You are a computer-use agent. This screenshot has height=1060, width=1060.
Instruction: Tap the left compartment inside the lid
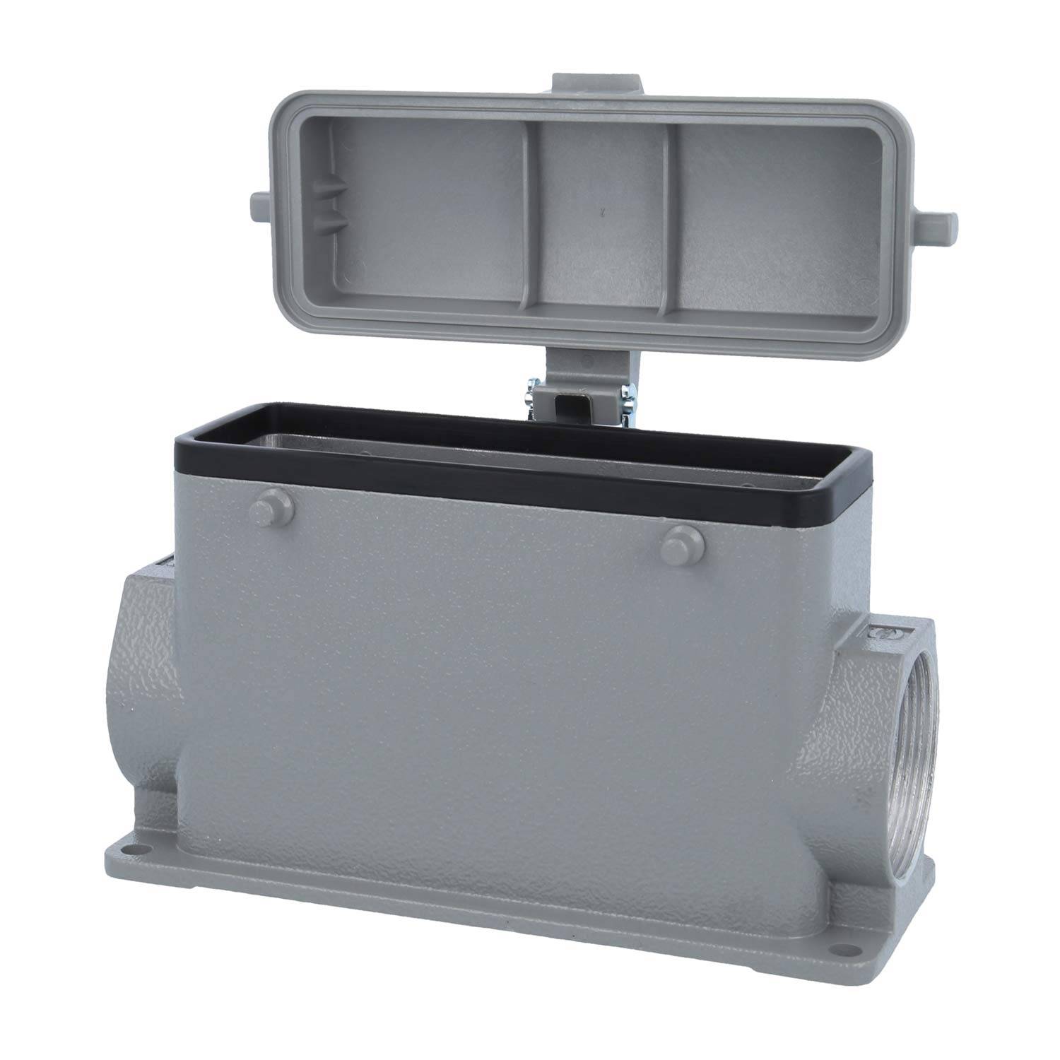point(417,212)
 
